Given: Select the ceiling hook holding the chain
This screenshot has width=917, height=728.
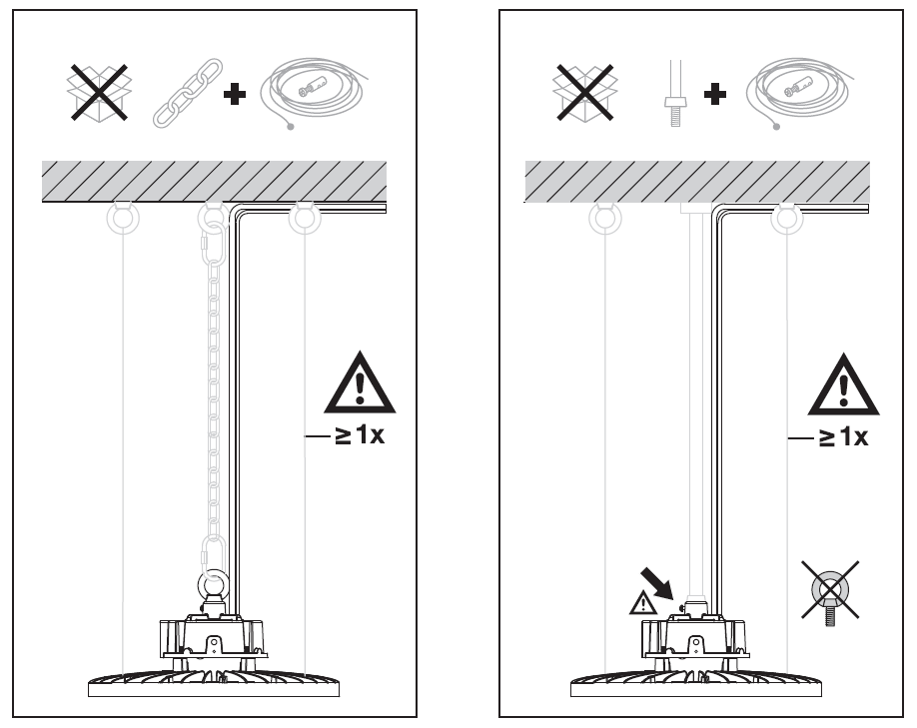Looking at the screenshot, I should [213, 217].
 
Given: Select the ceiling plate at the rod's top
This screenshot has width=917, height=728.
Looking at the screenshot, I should [695, 210].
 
